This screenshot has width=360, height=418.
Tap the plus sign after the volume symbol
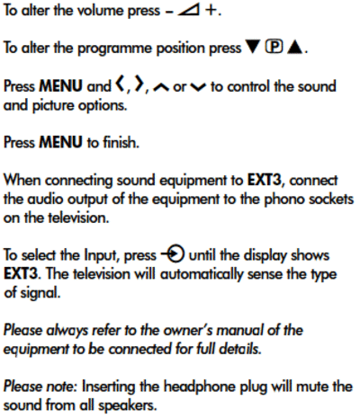pos(211,11)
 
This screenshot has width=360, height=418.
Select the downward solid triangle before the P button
pos(253,47)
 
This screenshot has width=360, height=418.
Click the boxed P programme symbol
pos(274,47)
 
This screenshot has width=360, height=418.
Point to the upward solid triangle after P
pos(294,47)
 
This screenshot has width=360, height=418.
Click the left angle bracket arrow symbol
pos(121,84)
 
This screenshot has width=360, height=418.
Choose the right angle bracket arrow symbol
pos(139,84)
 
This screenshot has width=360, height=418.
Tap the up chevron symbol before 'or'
pos(161,87)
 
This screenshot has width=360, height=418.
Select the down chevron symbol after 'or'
pos(198,87)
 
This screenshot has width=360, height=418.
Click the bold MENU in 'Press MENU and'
pos(61,86)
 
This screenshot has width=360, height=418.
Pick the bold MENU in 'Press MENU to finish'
pos(61,142)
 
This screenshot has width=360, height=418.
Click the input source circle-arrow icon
pos(173,254)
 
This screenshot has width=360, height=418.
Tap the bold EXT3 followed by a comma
pos(265,180)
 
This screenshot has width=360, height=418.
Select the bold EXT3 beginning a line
pos(21,273)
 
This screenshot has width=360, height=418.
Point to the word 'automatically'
pos(202,274)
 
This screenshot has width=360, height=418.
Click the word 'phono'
pos(284,200)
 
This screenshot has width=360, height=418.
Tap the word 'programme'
pos(115,49)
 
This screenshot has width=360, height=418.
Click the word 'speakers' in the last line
pos(128,405)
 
